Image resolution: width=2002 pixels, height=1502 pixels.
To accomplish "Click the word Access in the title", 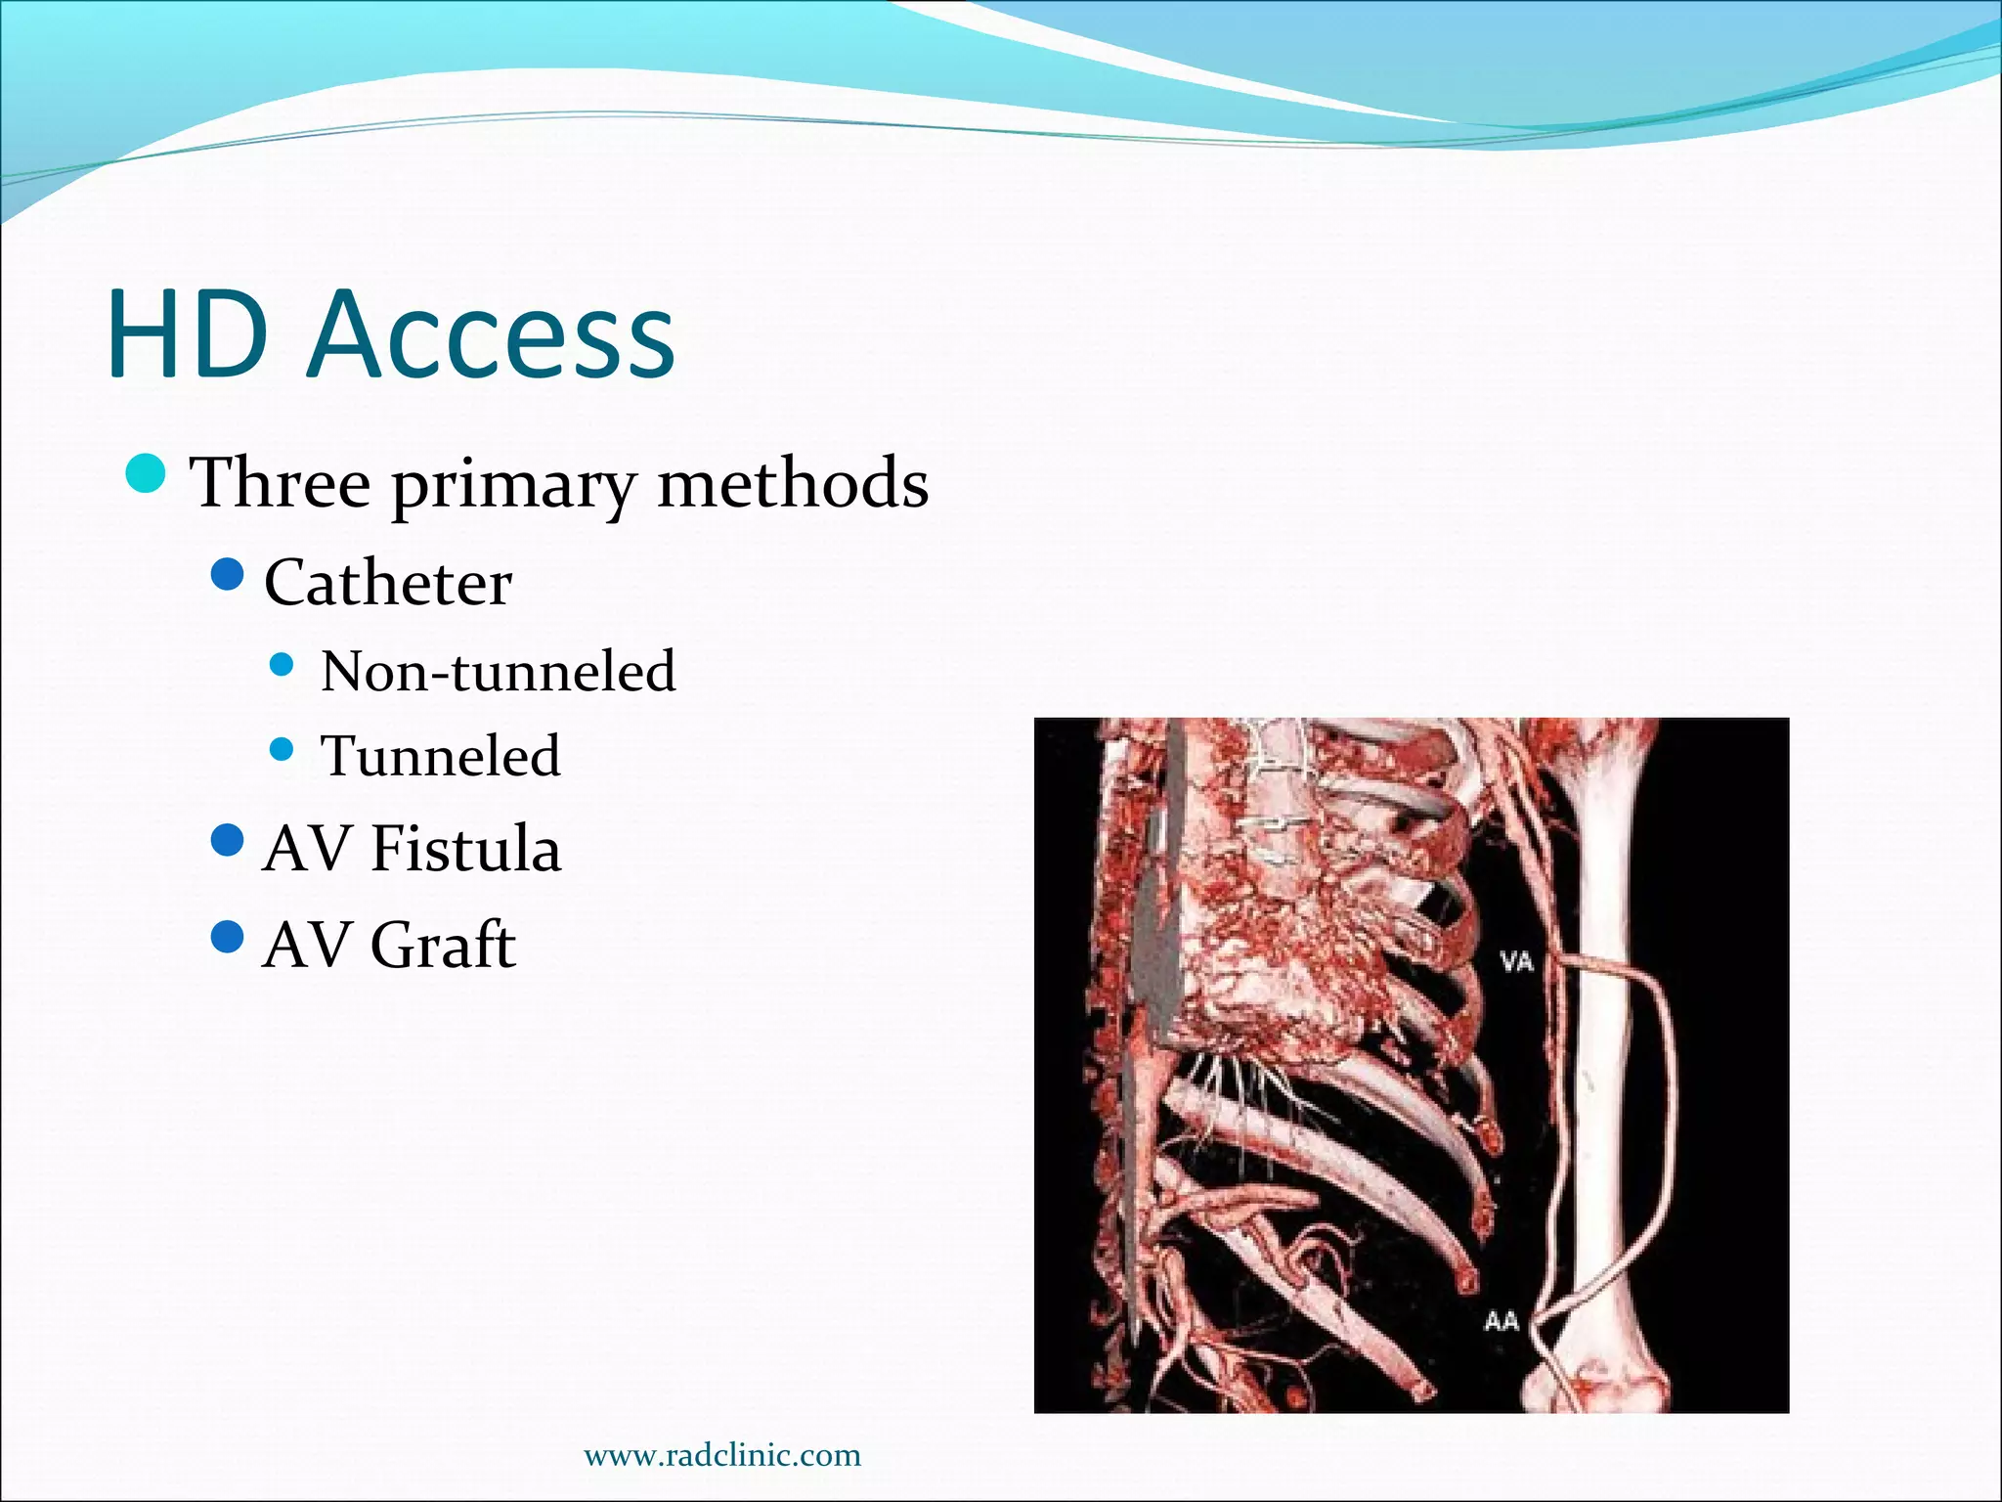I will tap(491, 334).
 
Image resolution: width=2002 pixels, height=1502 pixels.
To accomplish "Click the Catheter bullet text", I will tap(387, 584).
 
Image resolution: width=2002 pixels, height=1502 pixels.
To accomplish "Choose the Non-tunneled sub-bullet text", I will tap(498, 672).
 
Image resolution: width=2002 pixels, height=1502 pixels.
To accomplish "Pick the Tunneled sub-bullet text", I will tap(441, 756).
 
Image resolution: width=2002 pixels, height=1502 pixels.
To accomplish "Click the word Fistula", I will tap(465, 848).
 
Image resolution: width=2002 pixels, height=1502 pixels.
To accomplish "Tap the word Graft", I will tap(442, 946).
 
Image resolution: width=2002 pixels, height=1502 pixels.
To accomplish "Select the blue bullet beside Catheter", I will tap(227, 575).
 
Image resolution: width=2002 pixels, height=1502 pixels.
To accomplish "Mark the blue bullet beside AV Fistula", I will tap(227, 839).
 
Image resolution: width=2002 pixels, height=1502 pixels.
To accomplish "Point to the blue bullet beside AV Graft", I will tap(227, 937).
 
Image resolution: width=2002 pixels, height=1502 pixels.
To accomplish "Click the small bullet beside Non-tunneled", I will tap(282, 666).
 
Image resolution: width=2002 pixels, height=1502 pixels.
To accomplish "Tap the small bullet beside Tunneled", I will tap(282, 750).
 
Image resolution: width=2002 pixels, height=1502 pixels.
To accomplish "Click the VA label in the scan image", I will tap(1516, 962).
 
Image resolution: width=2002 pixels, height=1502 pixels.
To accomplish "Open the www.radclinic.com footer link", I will tap(722, 1455).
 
